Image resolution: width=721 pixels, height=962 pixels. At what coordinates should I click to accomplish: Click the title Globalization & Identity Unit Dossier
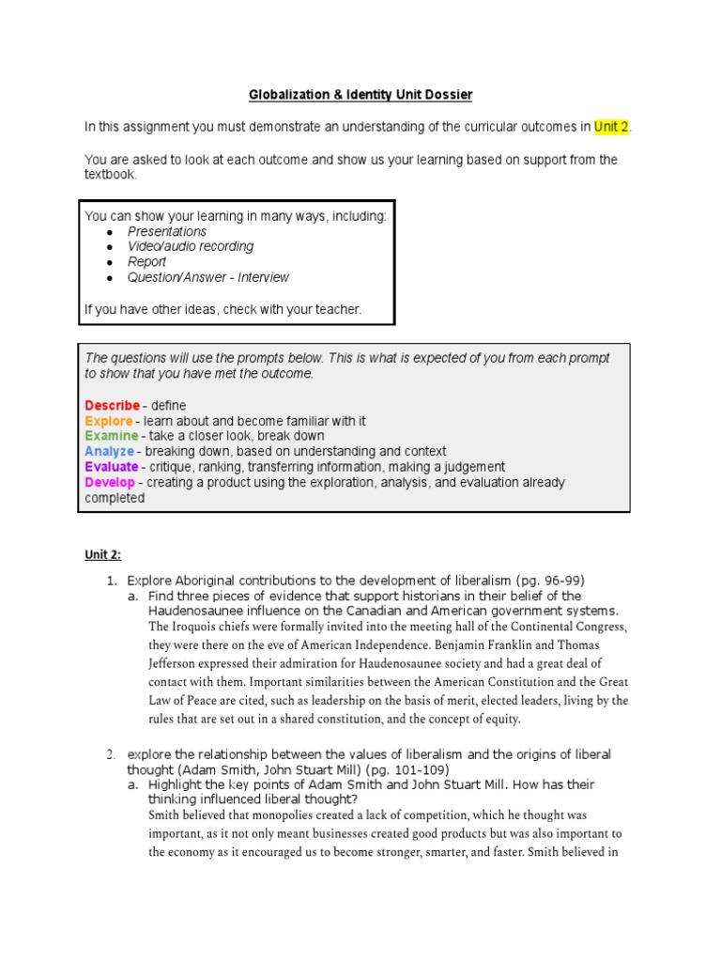coord(360,95)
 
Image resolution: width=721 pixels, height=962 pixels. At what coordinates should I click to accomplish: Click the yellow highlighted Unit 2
coord(611,126)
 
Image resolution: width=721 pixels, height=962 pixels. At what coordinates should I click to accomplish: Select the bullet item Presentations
coord(167,231)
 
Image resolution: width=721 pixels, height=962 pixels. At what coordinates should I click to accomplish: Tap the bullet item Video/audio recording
coord(191,246)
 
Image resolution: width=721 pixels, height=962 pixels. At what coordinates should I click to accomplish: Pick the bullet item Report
coord(146,262)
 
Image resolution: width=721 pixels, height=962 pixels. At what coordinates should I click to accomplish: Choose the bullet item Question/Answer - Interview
coord(208,277)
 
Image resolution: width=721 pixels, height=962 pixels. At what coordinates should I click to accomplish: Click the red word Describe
coord(113,406)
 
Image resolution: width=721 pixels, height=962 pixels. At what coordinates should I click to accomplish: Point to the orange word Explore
coord(108,421)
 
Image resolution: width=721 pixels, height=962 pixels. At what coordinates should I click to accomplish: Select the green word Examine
coord(111,436)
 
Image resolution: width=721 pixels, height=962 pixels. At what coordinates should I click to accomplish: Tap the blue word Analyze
coord(109,451)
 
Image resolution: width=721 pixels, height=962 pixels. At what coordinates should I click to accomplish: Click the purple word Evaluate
coord(112,467)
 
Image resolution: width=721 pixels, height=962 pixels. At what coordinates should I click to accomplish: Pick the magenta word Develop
coord(110,482)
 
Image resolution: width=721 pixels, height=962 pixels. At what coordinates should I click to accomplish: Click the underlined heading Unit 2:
coord(103,554)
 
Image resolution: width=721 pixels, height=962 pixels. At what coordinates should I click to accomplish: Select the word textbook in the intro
coord(111,175)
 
